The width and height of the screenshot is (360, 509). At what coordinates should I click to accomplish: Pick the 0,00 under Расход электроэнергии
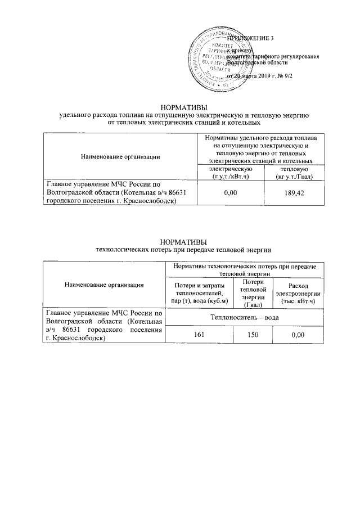[x=298, y=335]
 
